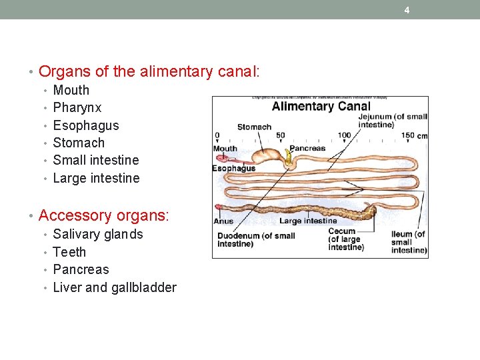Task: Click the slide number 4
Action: click(407, 10)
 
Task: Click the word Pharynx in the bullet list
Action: click(77, 107)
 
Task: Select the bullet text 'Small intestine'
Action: click(95, 160)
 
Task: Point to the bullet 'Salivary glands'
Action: click(97, 234)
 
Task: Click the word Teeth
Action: click(69, 252)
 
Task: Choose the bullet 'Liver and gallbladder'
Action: click(114, 287)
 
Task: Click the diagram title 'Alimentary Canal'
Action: click(321, 107)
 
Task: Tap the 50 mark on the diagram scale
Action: click(280, 135)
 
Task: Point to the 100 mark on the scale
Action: click(344, 135)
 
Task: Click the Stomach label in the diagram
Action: click(254, 127)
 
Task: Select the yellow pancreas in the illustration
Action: click(289, 158)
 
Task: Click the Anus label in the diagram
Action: click(223, 221)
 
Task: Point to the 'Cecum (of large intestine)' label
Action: click(345, 239)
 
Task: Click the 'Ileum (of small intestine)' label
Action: click(409, 242)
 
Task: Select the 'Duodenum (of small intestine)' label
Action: click(256, 239)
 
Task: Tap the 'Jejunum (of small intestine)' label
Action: click(393, 121)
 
